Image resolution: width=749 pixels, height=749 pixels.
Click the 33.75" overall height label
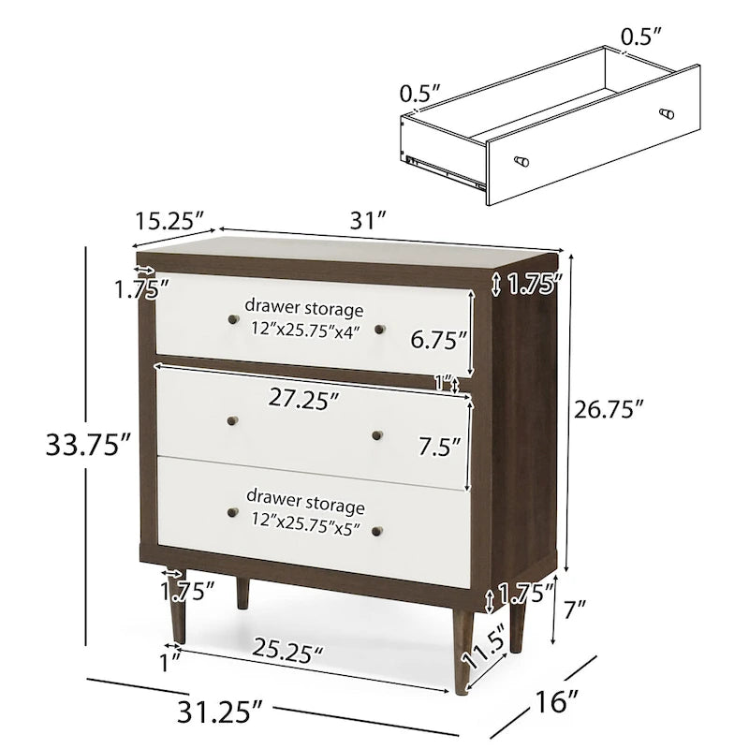point(88,446)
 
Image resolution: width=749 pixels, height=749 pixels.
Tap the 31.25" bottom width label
point(220,712)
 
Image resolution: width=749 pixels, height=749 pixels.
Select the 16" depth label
point(555,701)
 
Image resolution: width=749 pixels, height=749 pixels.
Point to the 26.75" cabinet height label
point(609,409)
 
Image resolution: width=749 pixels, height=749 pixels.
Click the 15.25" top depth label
point(169,221)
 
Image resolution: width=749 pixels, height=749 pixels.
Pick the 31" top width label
point(368,220)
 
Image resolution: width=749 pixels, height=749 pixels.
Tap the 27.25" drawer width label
point(303,399)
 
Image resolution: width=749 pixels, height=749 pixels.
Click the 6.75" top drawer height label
point(438,340)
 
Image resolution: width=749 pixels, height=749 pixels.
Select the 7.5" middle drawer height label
point(439,447)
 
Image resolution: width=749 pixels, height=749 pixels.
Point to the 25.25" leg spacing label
point(287,651)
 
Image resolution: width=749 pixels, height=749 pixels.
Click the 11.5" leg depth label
point(484,646)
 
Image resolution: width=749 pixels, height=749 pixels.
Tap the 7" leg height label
point(575,609)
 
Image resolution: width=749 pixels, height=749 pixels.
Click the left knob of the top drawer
point(233,319)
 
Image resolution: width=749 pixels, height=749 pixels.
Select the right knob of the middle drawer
point(377,435)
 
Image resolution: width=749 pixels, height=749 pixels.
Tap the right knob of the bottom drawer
point(377,531)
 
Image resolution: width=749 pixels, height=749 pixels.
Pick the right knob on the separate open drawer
point(667,114)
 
